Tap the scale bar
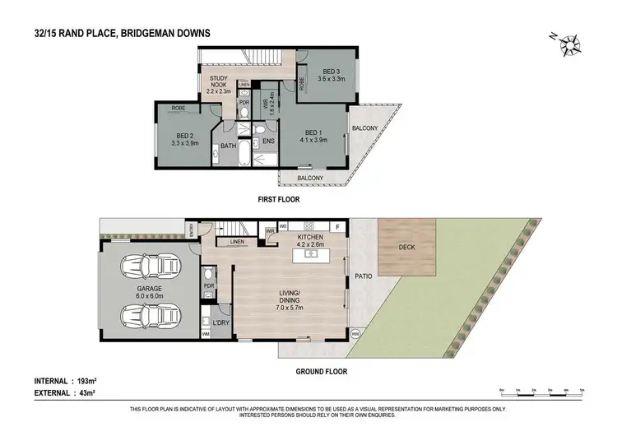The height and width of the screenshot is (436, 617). coord(541,391)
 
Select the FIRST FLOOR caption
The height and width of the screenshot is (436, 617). coord(278,199)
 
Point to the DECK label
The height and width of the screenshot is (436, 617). coord(406,245)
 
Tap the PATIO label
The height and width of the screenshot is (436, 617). coord(362,276)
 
